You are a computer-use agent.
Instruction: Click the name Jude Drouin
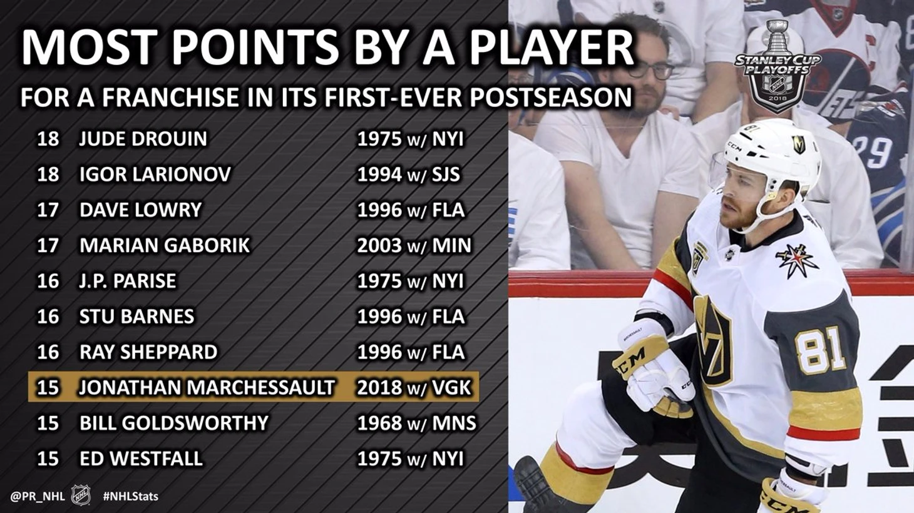point(143,139)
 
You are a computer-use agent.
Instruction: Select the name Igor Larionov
point(155,175)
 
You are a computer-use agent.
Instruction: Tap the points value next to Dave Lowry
point(48,210)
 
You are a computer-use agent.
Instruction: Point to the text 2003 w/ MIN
point(414,245)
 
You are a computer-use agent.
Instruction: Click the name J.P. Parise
point(128,281)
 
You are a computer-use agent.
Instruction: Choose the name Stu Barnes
point(136,317)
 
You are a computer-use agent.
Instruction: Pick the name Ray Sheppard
point(148,352)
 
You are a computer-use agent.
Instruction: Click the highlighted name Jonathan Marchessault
point(207,387)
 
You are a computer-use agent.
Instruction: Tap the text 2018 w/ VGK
point(414,387)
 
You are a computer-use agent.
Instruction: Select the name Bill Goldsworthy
point(174,423)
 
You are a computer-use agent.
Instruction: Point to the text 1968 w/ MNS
point(416,423)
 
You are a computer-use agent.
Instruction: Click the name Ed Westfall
point(141,459)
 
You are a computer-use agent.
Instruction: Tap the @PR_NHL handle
point(38,497)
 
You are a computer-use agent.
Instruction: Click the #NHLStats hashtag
point(131,496)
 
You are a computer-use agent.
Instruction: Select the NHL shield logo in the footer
point(81,495)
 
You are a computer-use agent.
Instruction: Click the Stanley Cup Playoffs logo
point(778,66)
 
